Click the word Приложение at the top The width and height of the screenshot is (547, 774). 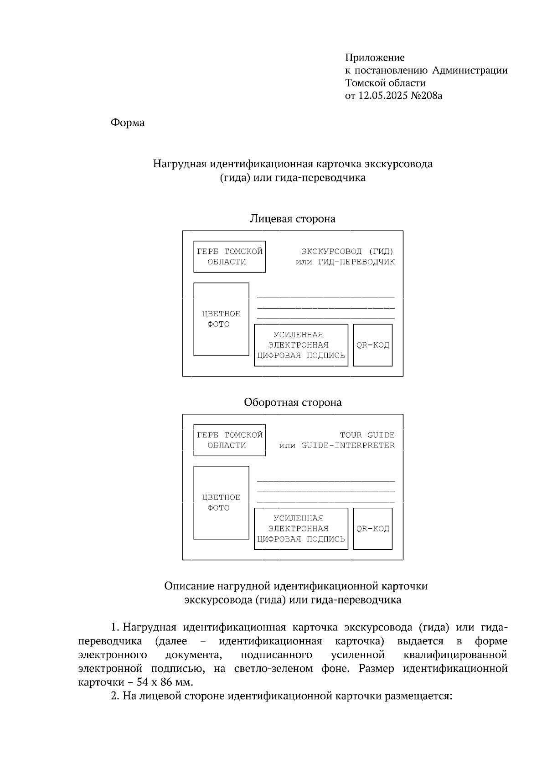pos(375,58)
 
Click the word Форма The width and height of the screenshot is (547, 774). pos(128,123)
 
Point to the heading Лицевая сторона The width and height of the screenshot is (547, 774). pos(292,219)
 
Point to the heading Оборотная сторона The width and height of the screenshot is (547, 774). pos(292,402)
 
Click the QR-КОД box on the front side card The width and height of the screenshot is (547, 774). pos(372,345)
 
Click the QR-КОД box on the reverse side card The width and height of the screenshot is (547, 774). pos(372,529)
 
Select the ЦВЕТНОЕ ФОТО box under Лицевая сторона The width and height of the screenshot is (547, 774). pos(221,319)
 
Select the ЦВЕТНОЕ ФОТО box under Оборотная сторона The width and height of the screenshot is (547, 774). pos(221,503)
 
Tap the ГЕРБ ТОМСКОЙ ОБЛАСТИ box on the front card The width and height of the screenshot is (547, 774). pos(229,257)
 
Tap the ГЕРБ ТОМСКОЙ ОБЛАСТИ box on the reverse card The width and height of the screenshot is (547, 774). pos(229,440)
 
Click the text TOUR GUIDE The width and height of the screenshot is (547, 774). pos(367,435)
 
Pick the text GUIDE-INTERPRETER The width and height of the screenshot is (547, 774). pos(348,446)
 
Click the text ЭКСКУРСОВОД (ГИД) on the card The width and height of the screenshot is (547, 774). pos(347,251)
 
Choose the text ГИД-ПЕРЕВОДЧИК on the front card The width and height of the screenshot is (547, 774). pos(356,262)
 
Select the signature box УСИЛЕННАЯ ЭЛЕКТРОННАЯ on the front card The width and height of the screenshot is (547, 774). pos(300,345)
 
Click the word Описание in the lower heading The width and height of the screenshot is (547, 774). pos(189,586)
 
